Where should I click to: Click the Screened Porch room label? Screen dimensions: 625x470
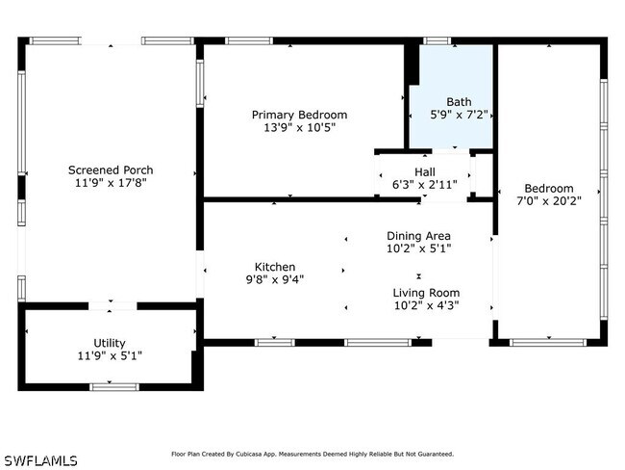pyautogui.click(x=111, y=170)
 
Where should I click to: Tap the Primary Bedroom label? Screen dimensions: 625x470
pyautogui.click(x=299, y=115)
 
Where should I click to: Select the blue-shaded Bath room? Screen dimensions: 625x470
pyautogui.click(x=451, y=96)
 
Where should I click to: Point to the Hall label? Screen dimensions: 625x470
pyautogui.click(x=424, y=172)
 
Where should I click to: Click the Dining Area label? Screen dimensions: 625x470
pyautogui.click(x=418, y=236)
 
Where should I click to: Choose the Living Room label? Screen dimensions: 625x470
pyautogui.click(x=426, y=293)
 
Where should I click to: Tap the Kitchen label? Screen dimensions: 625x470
pyautogui.click(x=275, y=267)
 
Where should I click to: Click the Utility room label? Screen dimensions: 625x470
pyautogui.click(x=110, y=343)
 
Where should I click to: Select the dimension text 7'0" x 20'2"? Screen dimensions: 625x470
pyautogui.click(x=549, y=201)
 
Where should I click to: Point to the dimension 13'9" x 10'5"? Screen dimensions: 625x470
pyautogui.click(x=299, y=128)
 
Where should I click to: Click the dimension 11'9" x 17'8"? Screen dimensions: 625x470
pyautogui.click(x=111, y=183)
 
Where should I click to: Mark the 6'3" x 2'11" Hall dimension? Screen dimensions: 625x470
pyautogui.click(x=424, y=185)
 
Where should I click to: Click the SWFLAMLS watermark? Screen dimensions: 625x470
pyautogui.click(x=41, y=460)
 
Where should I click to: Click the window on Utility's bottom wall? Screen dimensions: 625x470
pyautogui.click(x=114, y=387)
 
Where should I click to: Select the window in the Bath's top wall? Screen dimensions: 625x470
pyautogui.click(x=437, y=40)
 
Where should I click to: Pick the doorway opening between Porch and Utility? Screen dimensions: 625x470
pyautogui.click(x=112, y=306)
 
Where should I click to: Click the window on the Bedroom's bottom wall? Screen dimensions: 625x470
pyautogui.click(x=548, y=343)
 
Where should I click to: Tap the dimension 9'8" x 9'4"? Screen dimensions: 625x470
pyautogui.click(x=275, y=279)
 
